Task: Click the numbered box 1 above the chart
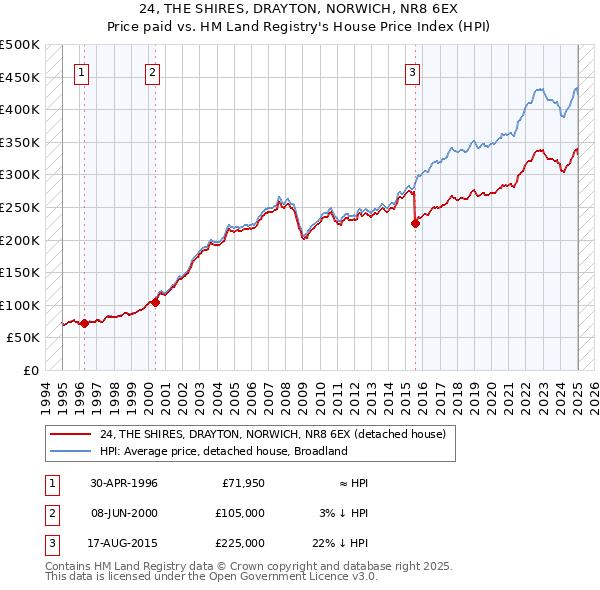click(x=81, y=71)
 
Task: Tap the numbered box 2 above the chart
click(x=152, y=71)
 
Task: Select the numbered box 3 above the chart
click(x=412, y=71)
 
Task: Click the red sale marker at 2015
click(x=415, y=224)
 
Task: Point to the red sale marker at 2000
click(x=155, y=302)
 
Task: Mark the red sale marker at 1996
click(x=84, y=323)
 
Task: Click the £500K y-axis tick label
click(x=20, y=45)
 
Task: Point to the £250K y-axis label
click(x=20, y=207)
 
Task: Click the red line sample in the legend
click(x=71, y=433)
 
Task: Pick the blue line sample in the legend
click(x=71, y=451)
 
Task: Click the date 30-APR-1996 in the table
click(x=124, y=483)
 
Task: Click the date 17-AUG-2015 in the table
click(x=124, y=543)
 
